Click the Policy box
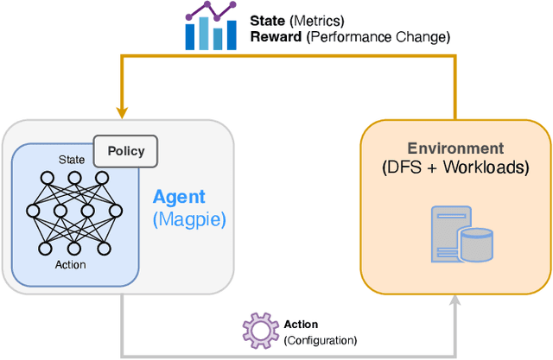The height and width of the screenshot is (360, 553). (x=126, y=152)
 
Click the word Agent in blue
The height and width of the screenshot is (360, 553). (x=178, y=198)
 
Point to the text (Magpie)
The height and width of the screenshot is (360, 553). (x=188, y=219)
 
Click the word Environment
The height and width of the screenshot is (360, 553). (x=455, y=148)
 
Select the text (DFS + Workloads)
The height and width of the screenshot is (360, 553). (x=455, y=167)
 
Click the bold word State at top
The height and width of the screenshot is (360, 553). (x=267, y=19)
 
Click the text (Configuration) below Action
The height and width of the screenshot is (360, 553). (x=320, y=340)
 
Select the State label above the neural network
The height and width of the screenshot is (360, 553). (x=72, y=160)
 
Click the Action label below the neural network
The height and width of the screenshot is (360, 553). (x=70, y=264)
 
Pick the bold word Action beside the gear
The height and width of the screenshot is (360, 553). (x=301, y=325)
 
